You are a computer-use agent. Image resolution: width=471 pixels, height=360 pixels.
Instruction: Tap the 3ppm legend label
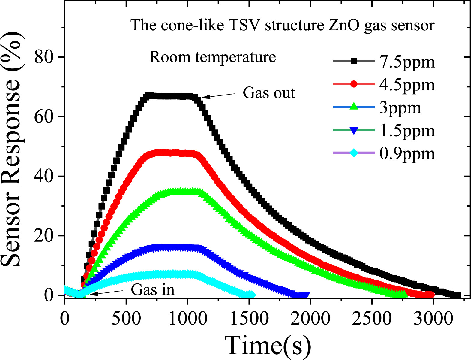point(400,108)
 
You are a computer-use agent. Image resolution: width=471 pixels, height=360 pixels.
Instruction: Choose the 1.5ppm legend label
point(407,131)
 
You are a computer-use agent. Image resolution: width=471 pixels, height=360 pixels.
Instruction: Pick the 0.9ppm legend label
point(407,153)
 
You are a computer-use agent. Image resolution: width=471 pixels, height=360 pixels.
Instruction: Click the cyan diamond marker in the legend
point(354,153)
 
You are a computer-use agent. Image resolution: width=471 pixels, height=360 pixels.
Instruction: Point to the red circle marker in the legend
point(354,84)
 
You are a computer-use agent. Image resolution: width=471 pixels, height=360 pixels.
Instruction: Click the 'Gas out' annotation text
point(269,93)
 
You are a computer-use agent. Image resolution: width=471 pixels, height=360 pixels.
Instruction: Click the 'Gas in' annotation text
point(153,290)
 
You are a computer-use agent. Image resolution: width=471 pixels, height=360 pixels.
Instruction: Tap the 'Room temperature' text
point(212,57)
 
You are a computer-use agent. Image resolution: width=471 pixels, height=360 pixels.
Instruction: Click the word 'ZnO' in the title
point(344,25)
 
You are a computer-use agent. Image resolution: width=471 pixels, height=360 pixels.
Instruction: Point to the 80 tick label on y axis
point(44,57)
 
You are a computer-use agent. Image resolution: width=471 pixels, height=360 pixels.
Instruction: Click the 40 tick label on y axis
point(44,176)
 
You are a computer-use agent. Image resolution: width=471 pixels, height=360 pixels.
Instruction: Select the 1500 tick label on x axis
point(249,318)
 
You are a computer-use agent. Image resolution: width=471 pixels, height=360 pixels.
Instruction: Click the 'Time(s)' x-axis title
point(268,345)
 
